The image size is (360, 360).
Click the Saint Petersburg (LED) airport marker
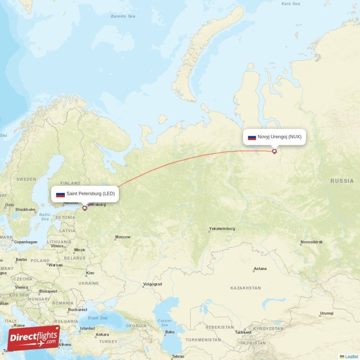pos(84,208)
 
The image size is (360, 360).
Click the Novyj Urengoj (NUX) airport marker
pos(274,151)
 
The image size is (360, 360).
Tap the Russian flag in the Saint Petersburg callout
pos(60,194)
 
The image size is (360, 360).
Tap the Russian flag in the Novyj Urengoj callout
pos(252,137)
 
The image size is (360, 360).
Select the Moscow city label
pos(123,237)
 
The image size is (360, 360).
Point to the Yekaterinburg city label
pos(222,229)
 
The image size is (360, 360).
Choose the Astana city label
pos(260,269)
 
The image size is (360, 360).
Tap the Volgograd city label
pos(152,284)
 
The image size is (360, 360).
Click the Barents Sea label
pos(123,16)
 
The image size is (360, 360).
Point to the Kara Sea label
pos(290,4)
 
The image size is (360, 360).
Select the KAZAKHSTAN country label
pos(246,288)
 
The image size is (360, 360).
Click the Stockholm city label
pos(25,210)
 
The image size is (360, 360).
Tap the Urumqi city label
pos(327,313)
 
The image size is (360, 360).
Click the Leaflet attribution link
pos(351,356)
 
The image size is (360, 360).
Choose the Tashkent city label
pos(243,332)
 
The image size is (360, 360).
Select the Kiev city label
pos(90,273)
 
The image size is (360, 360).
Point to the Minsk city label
pos(79,250)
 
